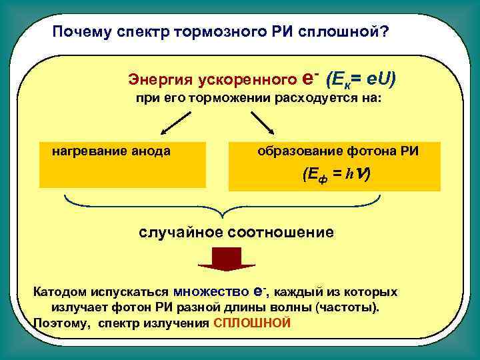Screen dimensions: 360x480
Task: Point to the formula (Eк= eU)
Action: click(361, 79)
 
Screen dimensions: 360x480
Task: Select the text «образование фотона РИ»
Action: click(338, 151)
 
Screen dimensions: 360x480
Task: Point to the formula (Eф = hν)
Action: click(336, 175)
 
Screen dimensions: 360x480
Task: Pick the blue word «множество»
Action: click(211, 292)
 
